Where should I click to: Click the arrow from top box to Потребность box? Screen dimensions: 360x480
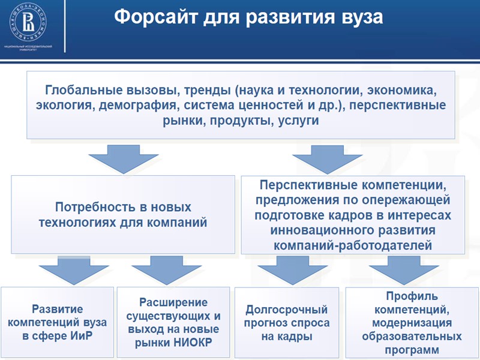[123, 158]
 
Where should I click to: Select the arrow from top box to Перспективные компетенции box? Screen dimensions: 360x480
[327, 158]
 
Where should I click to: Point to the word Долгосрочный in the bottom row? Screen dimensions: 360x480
[287, 310]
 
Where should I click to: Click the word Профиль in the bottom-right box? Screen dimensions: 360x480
[412, 296]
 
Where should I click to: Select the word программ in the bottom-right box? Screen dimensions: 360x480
[412, 349]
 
